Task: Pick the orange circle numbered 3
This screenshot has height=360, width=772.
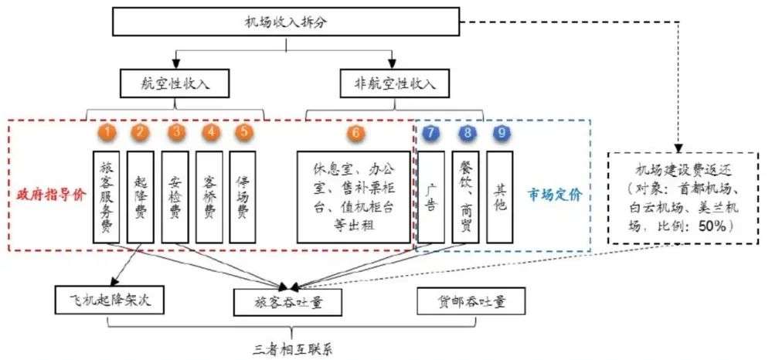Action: click(x=177, y=131)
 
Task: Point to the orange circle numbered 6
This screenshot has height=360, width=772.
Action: click(x=355, y=131)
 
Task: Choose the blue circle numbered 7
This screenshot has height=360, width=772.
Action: click(x=430, y=132)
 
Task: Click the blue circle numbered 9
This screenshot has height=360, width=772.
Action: click(x=468, y=132)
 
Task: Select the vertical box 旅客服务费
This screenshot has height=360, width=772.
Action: click(x=107, y=197)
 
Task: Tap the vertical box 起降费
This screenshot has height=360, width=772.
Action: click(x=140, y=197)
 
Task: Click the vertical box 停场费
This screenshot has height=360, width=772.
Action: click(x=243, y=197)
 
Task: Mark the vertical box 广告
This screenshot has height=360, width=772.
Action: click(x=430, y=197)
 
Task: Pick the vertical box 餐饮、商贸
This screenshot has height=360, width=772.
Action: click(x=466, y=197)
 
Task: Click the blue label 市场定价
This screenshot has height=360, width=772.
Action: click(x=555, y=194)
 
